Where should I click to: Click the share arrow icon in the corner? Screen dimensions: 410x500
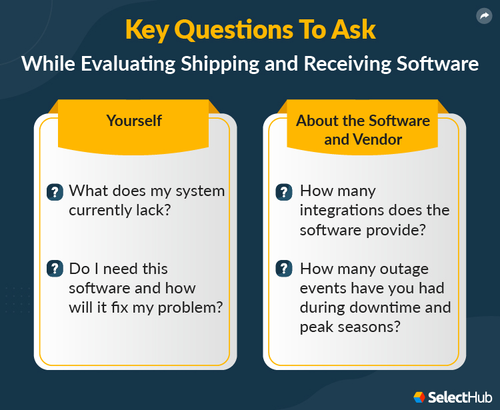pos(483,16)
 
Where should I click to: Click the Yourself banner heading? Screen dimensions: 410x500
pos(134,120)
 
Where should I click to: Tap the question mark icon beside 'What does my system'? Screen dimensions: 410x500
pos(54,192)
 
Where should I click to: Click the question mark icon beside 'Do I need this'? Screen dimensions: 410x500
pos(54,269)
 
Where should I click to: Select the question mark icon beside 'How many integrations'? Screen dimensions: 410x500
pos(284,192)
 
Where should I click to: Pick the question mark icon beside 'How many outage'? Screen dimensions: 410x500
pos(284,269)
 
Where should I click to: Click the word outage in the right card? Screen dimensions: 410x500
pos(405,269)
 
